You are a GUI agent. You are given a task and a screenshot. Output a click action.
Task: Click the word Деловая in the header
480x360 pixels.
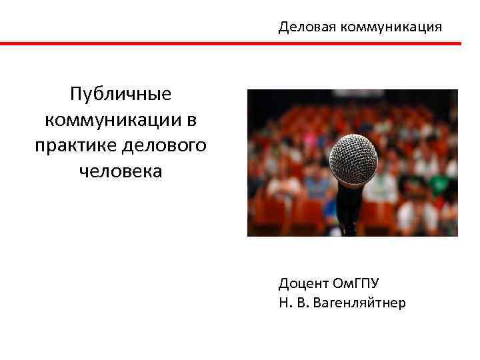pyautogui.click(x=307, y=27)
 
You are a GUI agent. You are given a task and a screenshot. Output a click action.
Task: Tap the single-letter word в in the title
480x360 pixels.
pyautogui.click(x=191, y=119)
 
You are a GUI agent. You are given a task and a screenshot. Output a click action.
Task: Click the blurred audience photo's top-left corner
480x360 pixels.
pyautogui.click(x=249, y=91)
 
